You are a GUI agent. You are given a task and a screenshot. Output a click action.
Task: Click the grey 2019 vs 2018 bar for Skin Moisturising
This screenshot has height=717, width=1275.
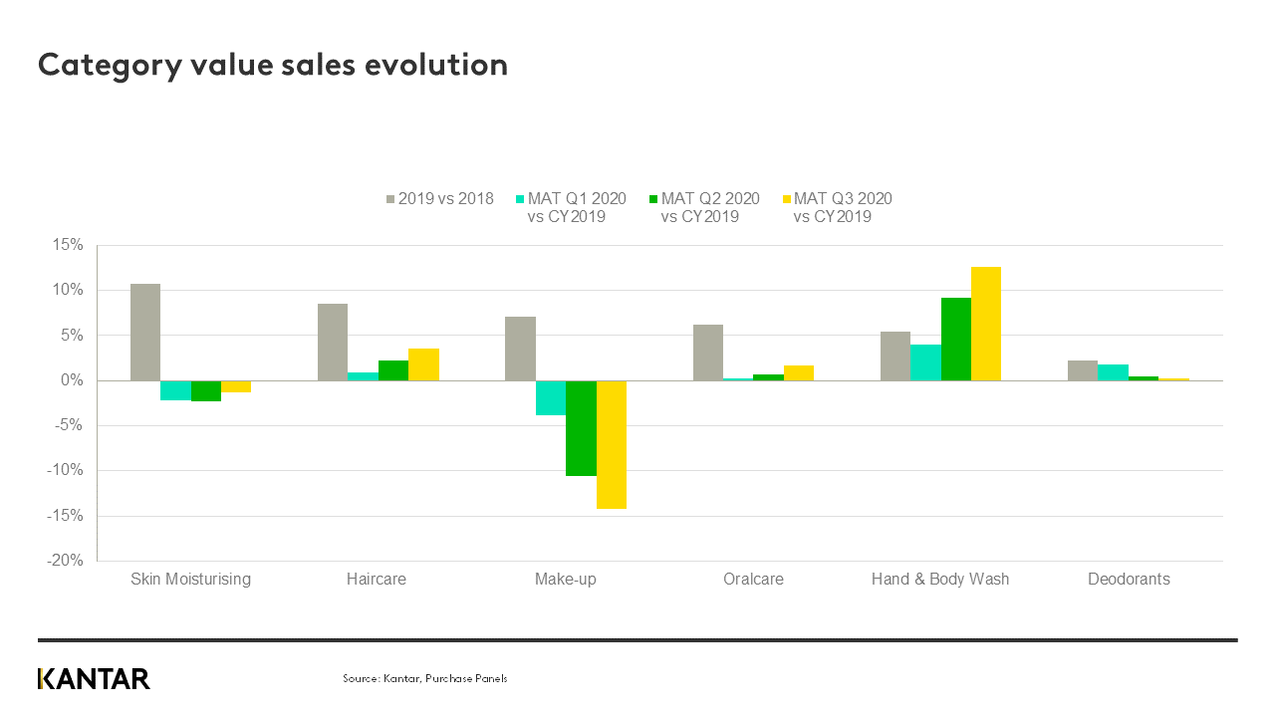(x=145, y=332)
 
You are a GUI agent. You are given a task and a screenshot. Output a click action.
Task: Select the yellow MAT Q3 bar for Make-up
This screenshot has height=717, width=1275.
(x=612, y=444)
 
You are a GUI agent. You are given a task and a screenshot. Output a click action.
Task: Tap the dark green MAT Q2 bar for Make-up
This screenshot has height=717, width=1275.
(x=581, y=428)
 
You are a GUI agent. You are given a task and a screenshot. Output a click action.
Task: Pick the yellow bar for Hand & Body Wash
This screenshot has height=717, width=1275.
(x=986, y=324)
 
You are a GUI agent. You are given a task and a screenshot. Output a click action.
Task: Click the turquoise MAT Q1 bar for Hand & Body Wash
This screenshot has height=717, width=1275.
(x=925, y=362)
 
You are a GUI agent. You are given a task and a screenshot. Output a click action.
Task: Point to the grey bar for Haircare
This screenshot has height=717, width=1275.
(x=333, y=342)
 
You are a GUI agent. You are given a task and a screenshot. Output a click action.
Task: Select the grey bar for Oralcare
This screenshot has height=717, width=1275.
(x=708, y=353)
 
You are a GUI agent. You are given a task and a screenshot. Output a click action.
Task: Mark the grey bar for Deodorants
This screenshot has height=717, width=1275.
(x=1083, y=370)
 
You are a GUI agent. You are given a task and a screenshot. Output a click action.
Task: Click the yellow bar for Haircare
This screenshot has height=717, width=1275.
(x=423, y=364)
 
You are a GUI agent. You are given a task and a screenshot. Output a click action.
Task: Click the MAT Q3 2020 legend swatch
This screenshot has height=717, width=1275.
(x=786, y=198)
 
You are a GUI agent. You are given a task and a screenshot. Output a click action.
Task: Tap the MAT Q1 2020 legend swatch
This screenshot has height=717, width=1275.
(x=520, y=198)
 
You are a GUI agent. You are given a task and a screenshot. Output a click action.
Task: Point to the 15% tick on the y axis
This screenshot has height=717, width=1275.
(x=70, y=245)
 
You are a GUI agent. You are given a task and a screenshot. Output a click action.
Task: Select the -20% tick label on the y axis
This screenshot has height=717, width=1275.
(x=67, y=561)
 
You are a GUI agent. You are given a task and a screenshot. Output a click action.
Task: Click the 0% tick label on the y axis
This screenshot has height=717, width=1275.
(x=74, y=380)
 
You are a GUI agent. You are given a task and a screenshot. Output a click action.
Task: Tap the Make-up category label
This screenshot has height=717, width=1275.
(x=565, y=579)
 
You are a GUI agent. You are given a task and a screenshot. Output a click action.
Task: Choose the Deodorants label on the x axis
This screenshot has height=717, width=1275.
(x=1129, y=579)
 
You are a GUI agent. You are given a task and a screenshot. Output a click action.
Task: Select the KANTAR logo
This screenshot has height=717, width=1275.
(x=94, y=679)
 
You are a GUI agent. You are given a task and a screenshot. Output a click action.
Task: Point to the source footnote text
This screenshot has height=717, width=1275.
(x=425, y=678)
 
